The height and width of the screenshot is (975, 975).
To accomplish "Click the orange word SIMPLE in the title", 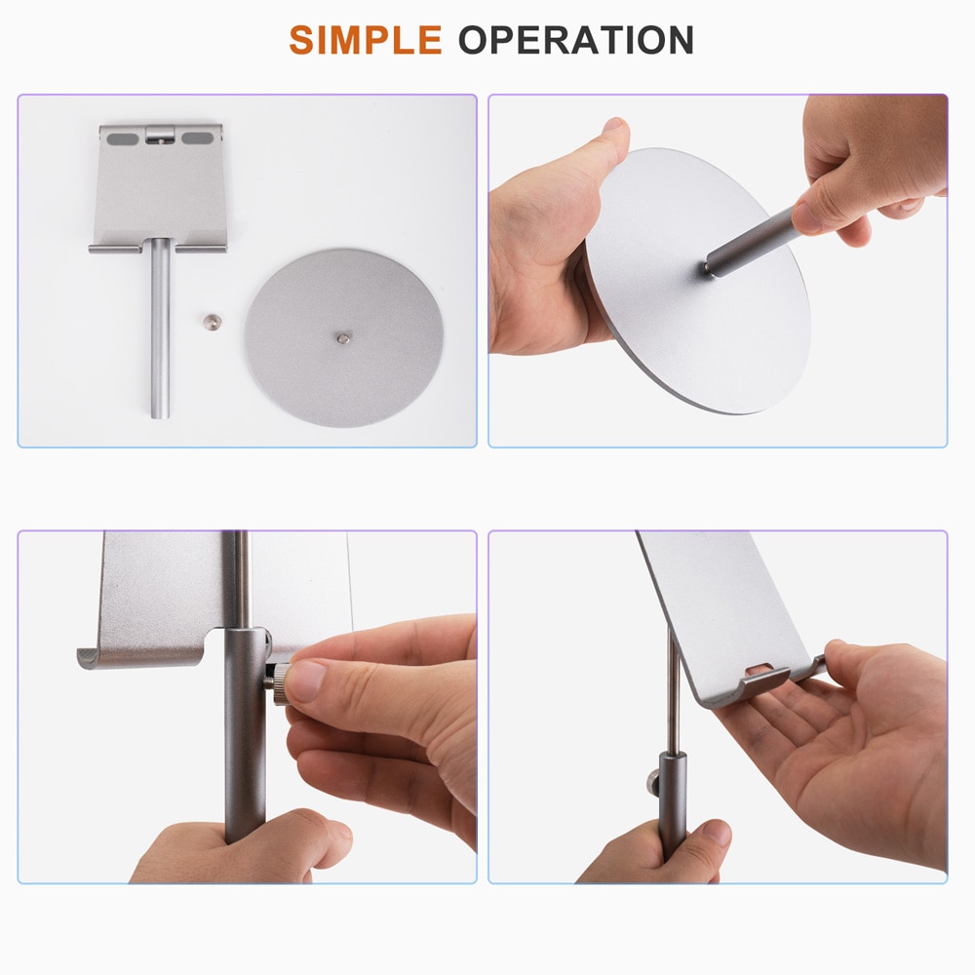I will tap(365, 40).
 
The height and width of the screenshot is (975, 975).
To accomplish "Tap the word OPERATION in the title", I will tap(576, 40).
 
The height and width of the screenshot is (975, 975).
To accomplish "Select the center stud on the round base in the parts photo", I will tap(343, 337).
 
